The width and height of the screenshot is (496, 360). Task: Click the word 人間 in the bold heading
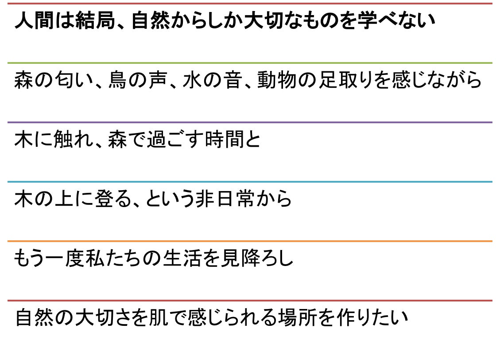34,20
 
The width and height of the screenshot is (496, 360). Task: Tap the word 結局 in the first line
95,20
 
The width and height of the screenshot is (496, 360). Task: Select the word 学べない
396,20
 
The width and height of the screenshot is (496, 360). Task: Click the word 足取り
346,80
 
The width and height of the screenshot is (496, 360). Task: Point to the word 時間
224,139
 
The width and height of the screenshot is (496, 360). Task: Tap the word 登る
113,199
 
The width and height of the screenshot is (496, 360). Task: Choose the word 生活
182,258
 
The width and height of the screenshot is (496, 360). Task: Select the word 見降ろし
257,258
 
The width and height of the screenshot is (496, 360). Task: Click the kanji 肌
159,317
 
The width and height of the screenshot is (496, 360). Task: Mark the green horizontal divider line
250,63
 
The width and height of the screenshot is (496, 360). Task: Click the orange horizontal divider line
250,241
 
